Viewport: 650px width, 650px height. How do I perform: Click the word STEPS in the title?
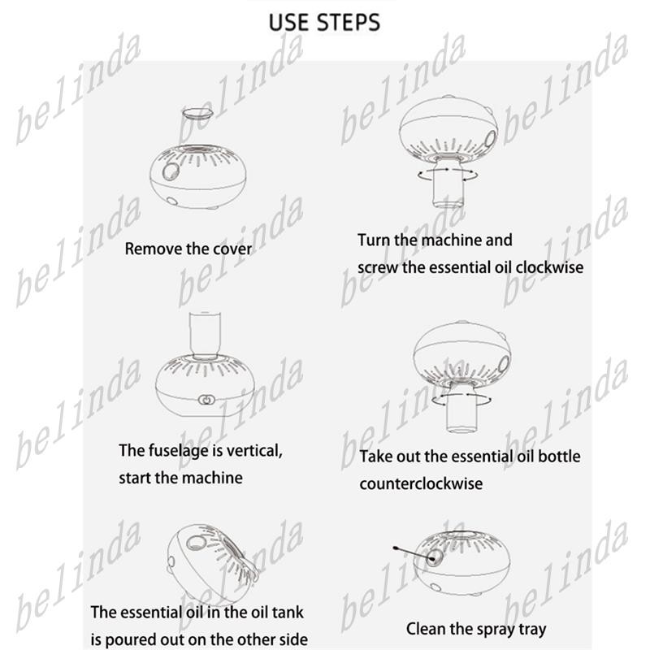pos(349,23)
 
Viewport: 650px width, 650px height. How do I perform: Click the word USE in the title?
pos(289,23)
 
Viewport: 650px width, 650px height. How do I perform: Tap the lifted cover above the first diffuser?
pos(197,113)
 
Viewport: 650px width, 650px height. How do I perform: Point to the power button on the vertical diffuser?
pos(206,400)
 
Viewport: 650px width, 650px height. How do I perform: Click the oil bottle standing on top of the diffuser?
pos(205,336)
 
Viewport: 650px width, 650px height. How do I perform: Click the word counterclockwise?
pos(421,483)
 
